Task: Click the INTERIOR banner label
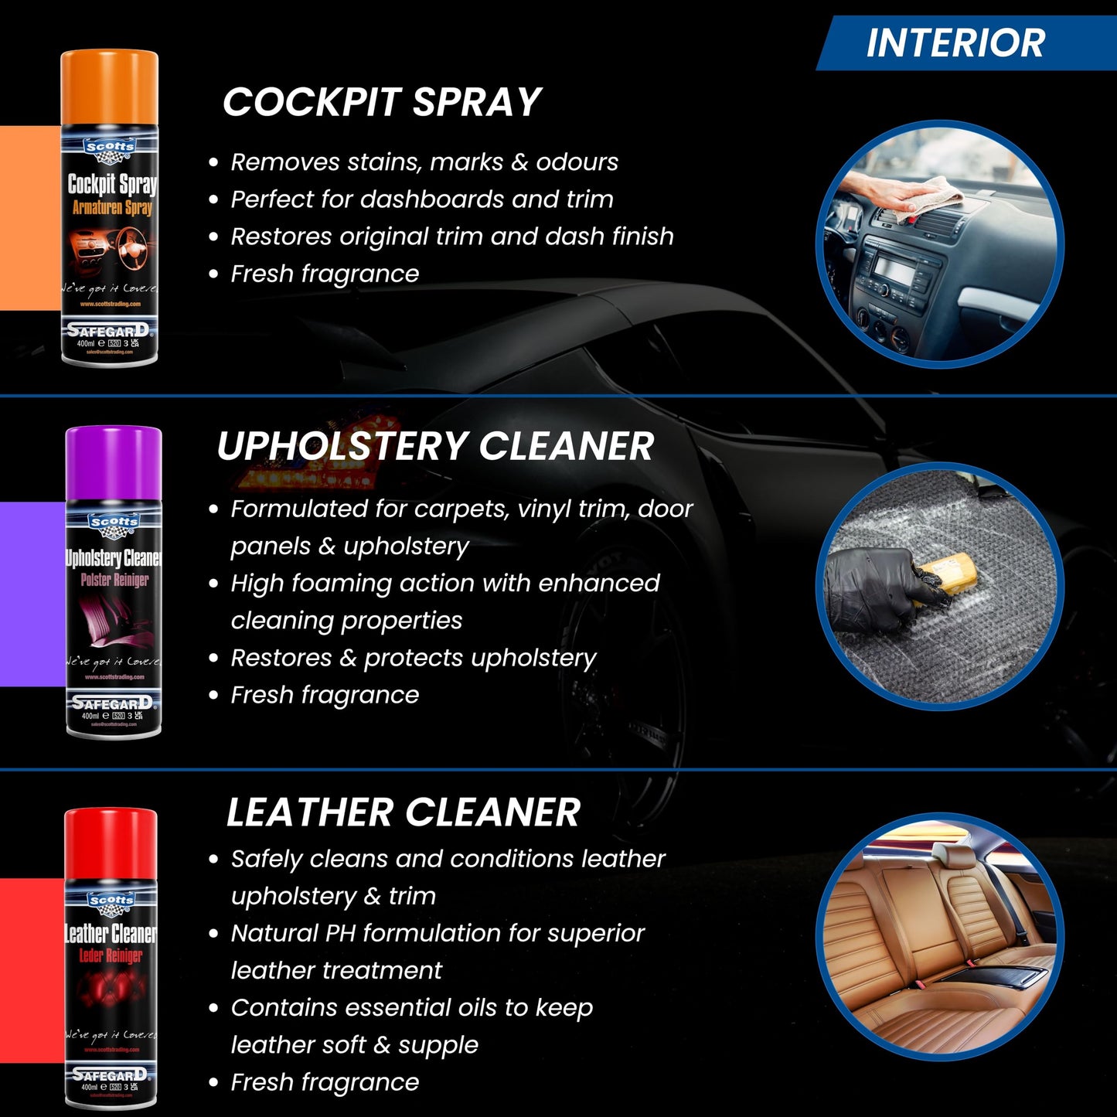click(955, 43)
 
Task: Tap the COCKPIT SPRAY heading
click(382, 102)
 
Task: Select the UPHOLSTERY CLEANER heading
click(435, 446)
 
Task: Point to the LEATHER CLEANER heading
click(403, 812)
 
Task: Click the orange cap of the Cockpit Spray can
click(110, 85)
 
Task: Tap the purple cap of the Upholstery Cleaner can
click(114, 462)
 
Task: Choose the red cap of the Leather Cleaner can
click(111, 843)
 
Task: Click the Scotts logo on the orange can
click(110, 147)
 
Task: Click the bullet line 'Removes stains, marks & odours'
click(424, 162)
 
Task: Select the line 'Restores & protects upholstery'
click(413, 658)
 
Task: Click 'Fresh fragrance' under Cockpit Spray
click(325, 274)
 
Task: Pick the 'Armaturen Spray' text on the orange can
click(112, 207)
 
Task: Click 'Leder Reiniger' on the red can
click(111, 955)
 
